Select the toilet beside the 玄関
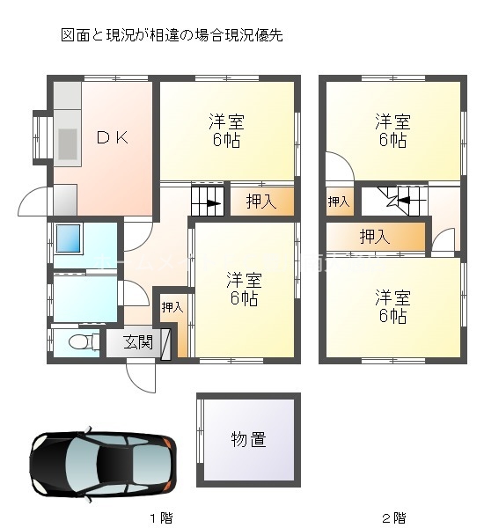pos(76,341)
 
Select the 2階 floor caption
pos(393,516)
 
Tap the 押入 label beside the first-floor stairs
pos(260,202)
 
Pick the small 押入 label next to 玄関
pos(172,307)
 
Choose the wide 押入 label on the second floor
pos(377,236)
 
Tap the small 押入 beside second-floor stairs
pos(338,202)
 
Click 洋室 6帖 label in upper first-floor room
pos(226,129)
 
